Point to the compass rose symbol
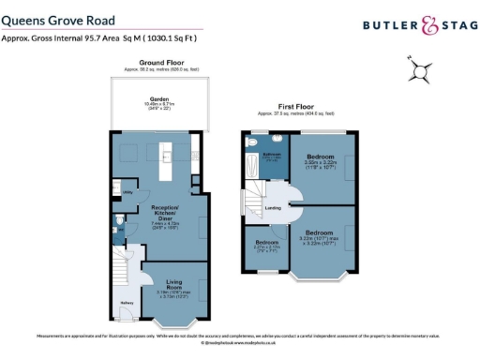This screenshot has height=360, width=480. click(421, 67)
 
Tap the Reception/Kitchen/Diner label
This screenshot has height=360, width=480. click(158, 213)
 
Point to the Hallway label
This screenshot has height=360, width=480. click(127, 303)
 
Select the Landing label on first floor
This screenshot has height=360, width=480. click(274, 208)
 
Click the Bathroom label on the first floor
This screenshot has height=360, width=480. click(272, 155)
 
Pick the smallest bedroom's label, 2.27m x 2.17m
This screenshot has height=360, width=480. click(263, 247)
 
